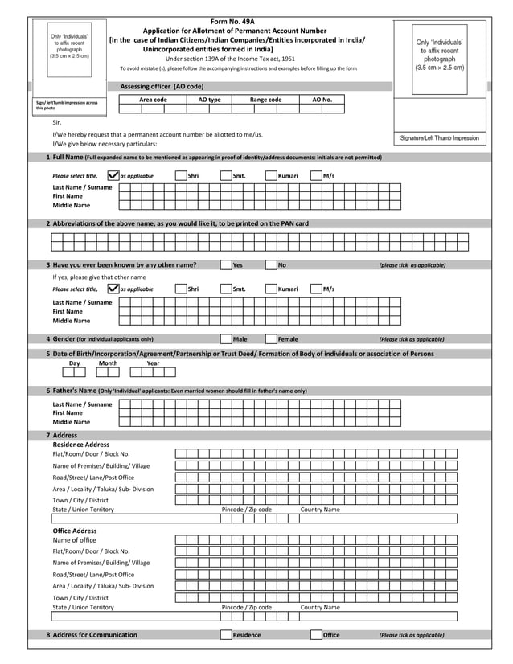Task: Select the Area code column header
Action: pyautogui.click(x=153, y=100)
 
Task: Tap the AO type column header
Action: pyautogui.click(x=209, y=100)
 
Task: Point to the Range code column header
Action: pyautogui.click(x=265, y=100)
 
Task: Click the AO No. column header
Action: pyautogui.click(x=322, y=100)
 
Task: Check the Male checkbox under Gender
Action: pyautogui.click(x=226, y=339)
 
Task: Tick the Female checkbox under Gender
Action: pyautogui.click(x=271, y=339)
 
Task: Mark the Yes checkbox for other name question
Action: pyautogui.click(x=226, y=265)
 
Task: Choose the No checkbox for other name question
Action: pyautogui.click(x=271, y=265)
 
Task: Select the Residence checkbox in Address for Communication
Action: pyautogui.click(x=226, y=635)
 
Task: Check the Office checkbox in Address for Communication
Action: pyautogui.click(x=316, y=635)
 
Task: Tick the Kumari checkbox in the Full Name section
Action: pyautogui.click(x=271, y=176)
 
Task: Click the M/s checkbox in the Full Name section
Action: pyautogui.click(x=316, y=176)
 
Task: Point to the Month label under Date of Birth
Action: pyautogui.click(x=108, y=363)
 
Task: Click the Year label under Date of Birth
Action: pyautogui.click(x=153, y=363)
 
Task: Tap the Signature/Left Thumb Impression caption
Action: pyautogui.click(x=439, y=138)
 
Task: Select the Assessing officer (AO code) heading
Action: pyautogui.click(x=162, y=86)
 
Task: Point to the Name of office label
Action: pyautogui.click(x=74, y=540)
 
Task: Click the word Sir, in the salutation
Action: pyautogui.click(x=57, y=123)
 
